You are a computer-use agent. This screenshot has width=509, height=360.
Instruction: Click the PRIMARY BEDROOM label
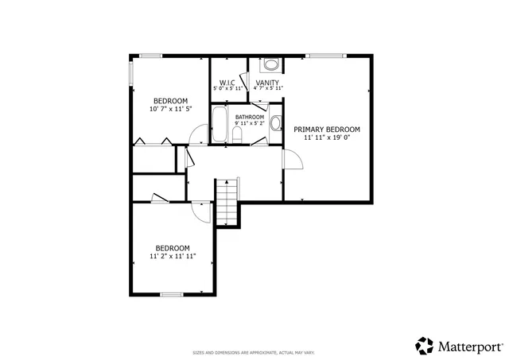(x=327, y=129)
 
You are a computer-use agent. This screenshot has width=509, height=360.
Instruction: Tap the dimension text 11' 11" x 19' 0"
(x=327, y=137)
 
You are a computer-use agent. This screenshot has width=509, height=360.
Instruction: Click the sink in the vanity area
(x=270, y=66)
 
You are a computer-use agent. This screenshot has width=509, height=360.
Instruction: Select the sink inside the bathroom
(x=275, y=123)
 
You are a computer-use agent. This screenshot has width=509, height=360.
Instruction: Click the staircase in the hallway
(x=227, y=202)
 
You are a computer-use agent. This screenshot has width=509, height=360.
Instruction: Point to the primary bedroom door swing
(x=292, y=157)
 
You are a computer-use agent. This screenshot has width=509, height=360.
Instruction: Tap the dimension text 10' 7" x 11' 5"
(x=170, y=109)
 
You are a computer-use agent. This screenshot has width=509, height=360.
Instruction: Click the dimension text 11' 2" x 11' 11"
(x=173, y=256)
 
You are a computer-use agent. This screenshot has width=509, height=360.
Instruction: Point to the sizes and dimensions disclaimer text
(x=254, y=352)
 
